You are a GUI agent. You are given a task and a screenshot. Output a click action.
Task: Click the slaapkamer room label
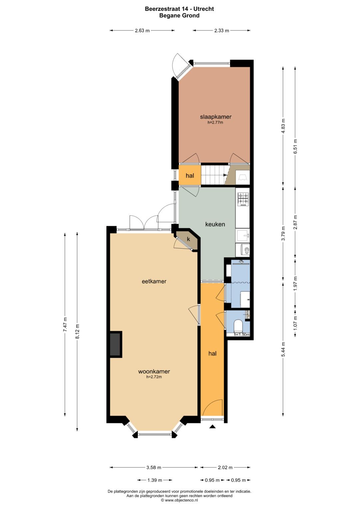point(215,117)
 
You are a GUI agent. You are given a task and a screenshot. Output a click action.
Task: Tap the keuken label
point(215,224)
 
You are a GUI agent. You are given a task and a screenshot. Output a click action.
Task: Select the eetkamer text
point(154,281)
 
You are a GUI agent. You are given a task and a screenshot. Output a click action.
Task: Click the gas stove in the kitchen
point(243,199)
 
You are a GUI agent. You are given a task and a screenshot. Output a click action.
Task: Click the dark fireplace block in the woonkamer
point(115,344)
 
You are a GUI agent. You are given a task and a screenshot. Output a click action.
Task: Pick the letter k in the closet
point(188,239)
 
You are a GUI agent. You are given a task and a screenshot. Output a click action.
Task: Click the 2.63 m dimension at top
point(142,30)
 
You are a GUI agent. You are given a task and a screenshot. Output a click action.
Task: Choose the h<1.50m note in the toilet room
point(242,334)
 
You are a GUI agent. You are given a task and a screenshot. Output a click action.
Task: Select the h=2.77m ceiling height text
point(215,122)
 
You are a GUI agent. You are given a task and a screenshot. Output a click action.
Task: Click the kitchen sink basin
point(243,235)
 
